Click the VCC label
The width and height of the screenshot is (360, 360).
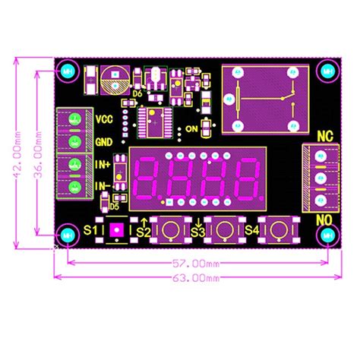pos(105,119)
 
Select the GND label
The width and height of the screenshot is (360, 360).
pos(105,142)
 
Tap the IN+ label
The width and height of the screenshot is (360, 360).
pos(104,164)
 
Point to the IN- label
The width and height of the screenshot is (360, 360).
pos(104,186)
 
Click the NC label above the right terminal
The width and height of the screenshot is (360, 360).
pos(324,137)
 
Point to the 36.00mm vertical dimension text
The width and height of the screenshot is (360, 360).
pos(37,152)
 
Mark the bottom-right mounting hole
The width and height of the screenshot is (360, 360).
pos(327,235)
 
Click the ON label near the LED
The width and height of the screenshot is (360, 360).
pos(191,129)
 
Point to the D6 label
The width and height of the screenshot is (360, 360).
pos(137,95)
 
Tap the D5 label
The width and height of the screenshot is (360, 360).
pos(115,206)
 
